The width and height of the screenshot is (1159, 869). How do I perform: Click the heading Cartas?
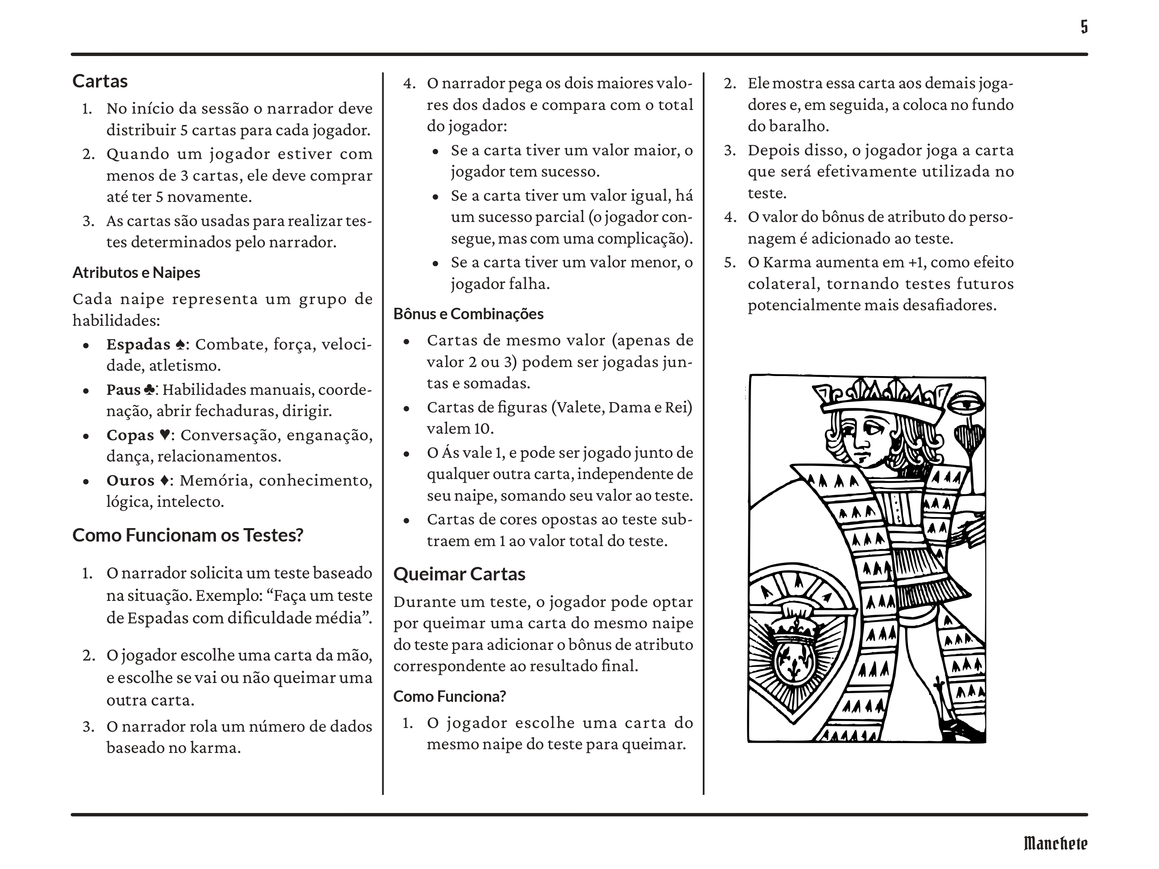click(x=100, y=81)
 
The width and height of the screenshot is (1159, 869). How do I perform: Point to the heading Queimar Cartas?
click(x=459, y=574)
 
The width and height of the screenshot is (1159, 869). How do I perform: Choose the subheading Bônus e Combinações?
click(x=469, y=314)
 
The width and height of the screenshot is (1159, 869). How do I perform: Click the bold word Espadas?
click(x=138, y=344)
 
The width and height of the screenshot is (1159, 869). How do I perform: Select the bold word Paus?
click(x=123, y=390)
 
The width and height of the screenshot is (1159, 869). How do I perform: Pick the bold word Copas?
click(x=130, y=435)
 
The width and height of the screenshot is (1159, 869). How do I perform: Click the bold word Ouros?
click(x=130, y=480)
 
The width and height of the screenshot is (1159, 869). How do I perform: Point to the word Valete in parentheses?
click(x=578, y=407)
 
